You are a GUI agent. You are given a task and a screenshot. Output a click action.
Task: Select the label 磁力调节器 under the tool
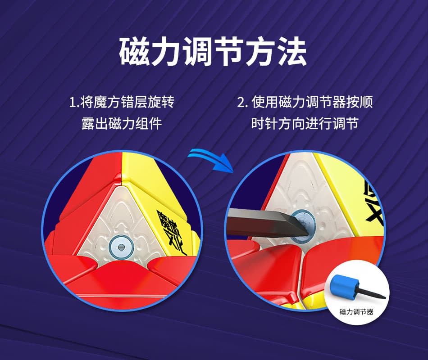pos(356,312)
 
